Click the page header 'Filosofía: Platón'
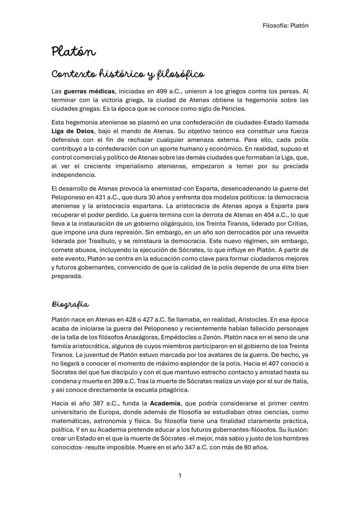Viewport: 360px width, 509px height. (285, 25)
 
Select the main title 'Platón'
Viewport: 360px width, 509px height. (73, 52)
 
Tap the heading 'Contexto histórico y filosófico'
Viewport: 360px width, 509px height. (127, 74)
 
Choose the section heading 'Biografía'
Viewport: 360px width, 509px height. (70, 304)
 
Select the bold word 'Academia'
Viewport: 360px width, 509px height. (165, 403)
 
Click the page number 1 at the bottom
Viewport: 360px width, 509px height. (180, 476)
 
